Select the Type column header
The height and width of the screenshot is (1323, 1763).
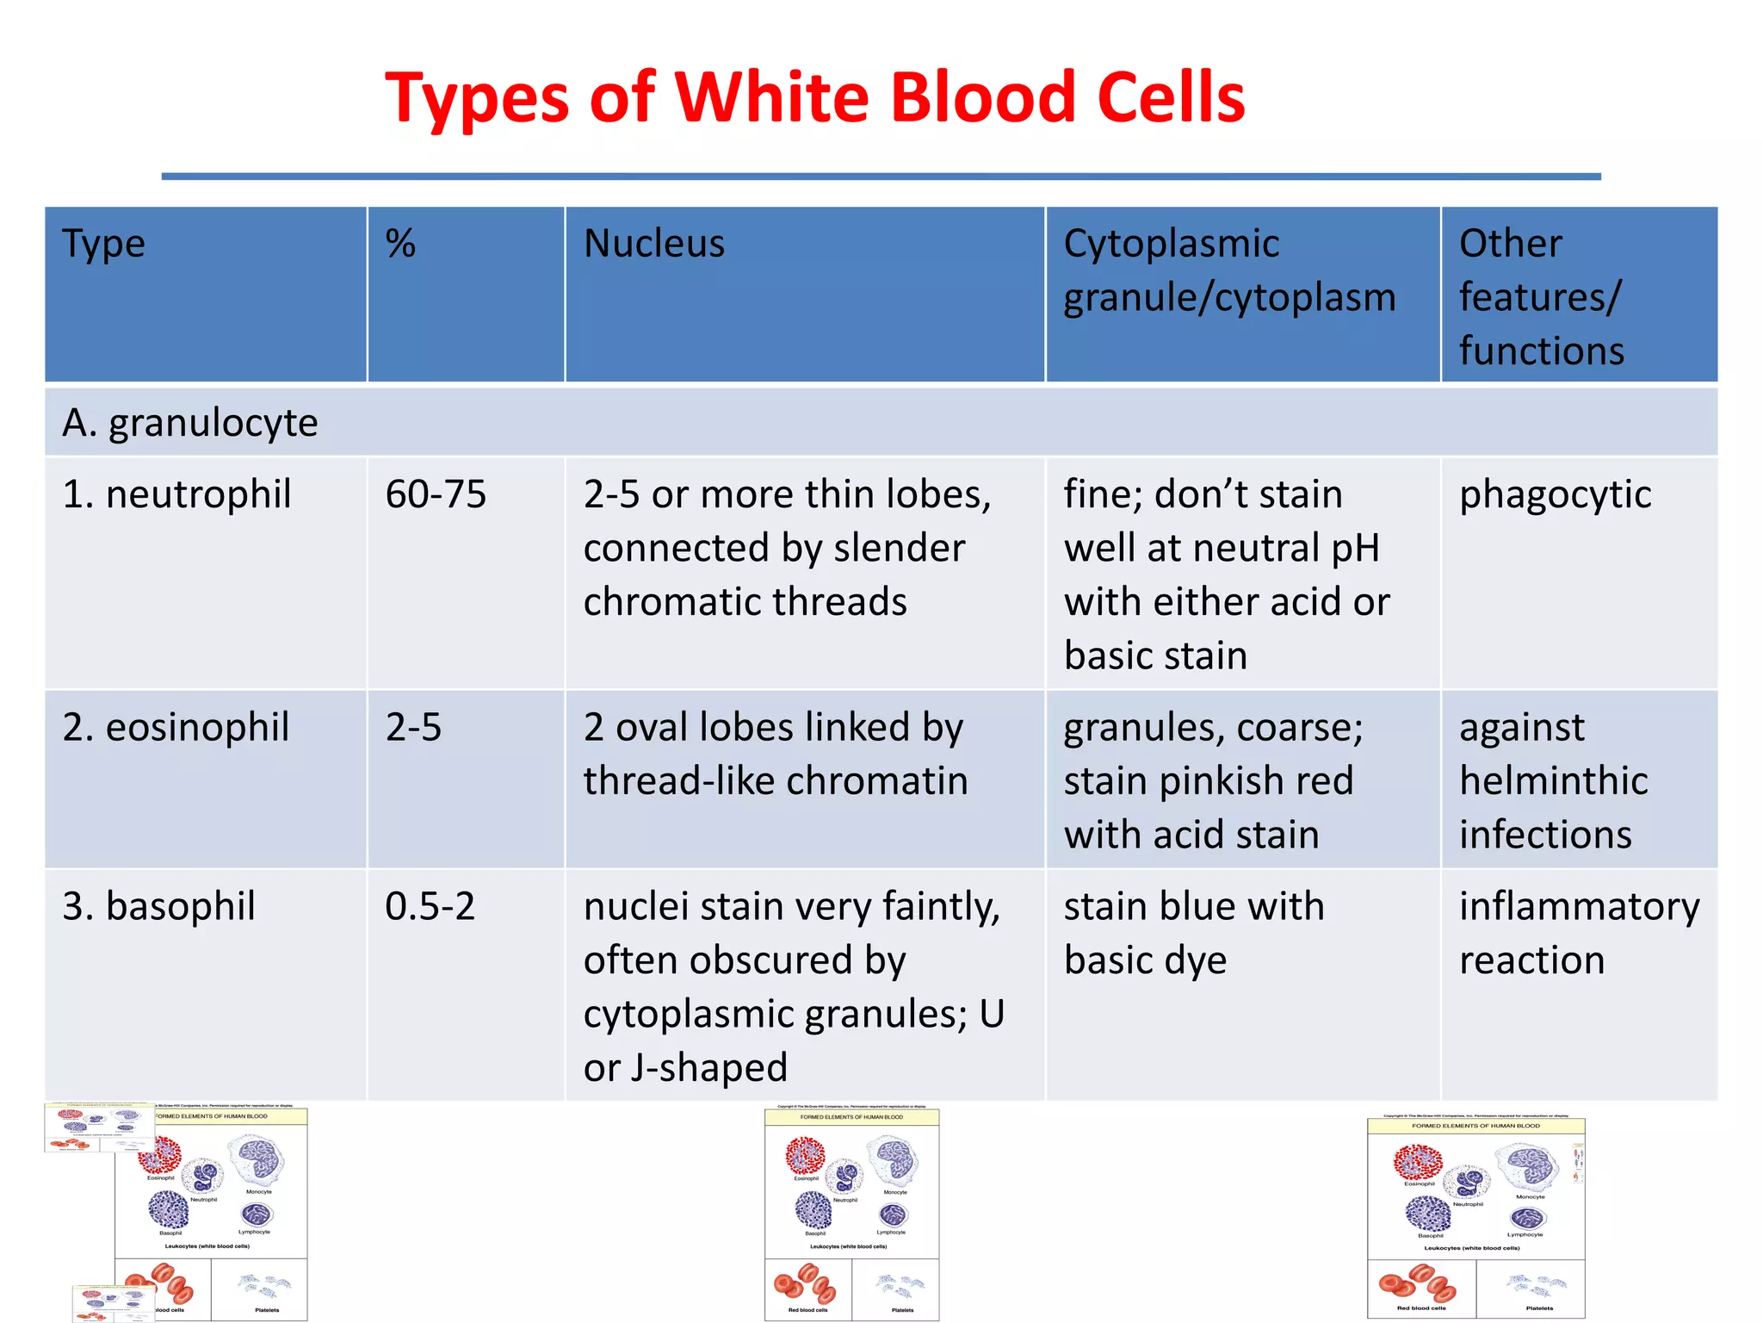104,244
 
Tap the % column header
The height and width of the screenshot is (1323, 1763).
400,244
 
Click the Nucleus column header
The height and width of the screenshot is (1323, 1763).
654,244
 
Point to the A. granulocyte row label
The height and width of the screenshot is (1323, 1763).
190,423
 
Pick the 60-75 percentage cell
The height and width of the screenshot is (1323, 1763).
436,494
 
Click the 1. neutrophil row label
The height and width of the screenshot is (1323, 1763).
176,494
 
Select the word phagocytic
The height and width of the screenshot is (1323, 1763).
1555,494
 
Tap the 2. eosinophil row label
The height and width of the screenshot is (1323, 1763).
176,727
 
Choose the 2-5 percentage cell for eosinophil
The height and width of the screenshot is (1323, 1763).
413,727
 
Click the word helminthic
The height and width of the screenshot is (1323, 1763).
1554,781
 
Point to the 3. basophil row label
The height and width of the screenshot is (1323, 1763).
158,906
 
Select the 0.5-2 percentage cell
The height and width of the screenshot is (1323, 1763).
430,906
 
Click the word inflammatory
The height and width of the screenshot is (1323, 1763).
1579,906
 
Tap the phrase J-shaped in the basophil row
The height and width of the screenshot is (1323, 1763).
708,1068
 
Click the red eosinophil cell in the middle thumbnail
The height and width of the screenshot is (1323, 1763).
806,1156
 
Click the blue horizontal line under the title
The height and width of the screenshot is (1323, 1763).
881,177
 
